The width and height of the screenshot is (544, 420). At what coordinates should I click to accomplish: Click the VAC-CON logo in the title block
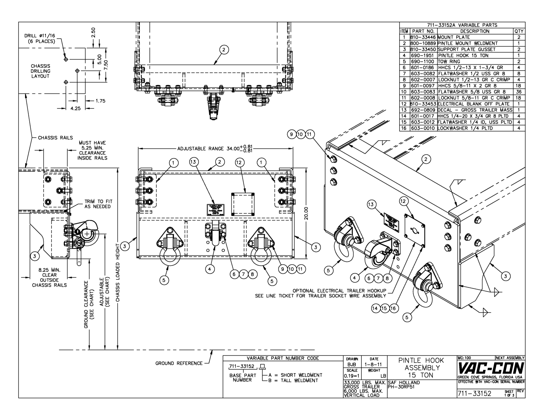[491, 368]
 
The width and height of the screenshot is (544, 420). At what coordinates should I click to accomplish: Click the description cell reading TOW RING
[449, 61]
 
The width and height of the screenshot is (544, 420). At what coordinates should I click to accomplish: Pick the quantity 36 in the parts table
[519, 92]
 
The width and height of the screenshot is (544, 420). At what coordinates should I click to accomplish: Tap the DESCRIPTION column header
[475, 31]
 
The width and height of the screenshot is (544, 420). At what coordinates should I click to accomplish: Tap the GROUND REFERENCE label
[179, 363]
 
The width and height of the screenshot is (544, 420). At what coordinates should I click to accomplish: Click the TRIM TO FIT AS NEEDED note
[98, 204]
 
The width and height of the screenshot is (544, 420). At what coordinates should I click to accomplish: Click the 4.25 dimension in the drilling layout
[75, 108]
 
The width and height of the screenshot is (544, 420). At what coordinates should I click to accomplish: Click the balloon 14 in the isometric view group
[376, 308]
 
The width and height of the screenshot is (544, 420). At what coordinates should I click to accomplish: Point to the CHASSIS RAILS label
[55, 138]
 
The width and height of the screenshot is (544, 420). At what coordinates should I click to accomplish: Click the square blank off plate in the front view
[242, 204]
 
